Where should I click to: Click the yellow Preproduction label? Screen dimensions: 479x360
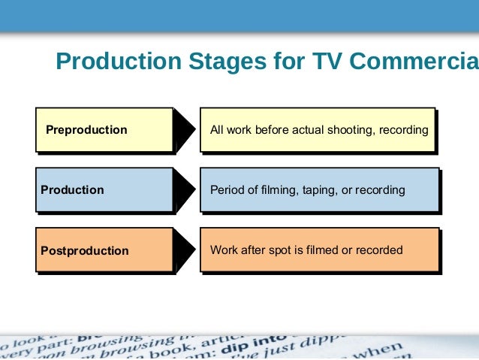86,130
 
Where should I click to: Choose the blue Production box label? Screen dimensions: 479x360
72,190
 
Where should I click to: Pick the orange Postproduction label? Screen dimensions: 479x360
84,251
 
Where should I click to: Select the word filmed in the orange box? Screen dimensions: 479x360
323,250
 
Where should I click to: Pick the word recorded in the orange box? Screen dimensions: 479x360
380,250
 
